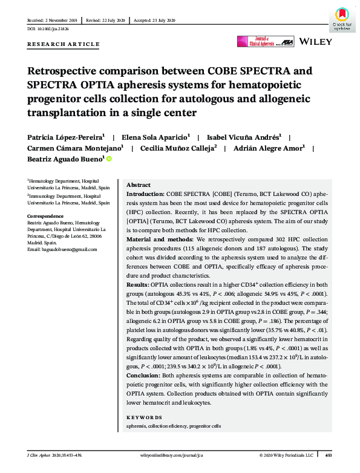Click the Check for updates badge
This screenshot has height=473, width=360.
point(342,18)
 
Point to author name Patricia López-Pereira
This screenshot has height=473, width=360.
point(63,137)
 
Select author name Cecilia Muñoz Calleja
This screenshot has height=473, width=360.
point(178,148)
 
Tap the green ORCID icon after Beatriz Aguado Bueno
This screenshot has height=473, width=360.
point(110,159)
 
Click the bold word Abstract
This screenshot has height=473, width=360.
point(138,184)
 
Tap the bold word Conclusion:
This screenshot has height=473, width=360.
point(145,376)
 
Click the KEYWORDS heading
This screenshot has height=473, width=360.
point(144,417)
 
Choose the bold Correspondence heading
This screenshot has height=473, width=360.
point(46,216)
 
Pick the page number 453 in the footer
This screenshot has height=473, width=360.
point(328,455)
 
